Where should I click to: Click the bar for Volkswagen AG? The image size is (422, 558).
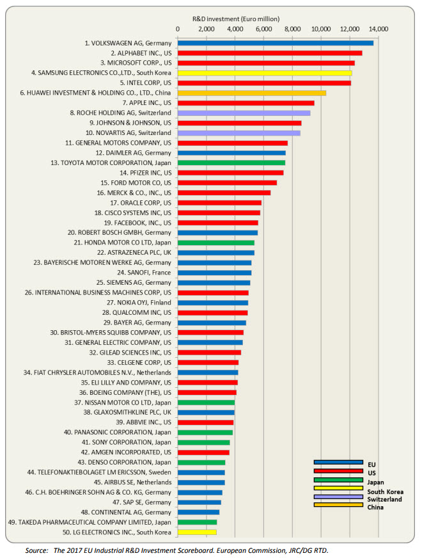[x=275, y=43]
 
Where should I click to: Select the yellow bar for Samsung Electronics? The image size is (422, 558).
[x=264, y=73]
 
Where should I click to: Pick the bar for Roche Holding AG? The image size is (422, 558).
[x=244, y=113]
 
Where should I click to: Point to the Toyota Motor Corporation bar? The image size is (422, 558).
[x=231, y=163]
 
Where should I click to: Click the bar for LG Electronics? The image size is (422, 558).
[x=197, y=532]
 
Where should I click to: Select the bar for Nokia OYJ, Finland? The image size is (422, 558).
[x=212, y=303]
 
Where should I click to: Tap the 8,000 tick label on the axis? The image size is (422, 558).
[x=292, y=29]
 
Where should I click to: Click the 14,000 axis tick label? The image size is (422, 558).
[x=379, y=29]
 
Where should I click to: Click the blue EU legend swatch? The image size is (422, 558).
[x=338, y=462]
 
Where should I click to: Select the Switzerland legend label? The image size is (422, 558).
[x=385, y=499]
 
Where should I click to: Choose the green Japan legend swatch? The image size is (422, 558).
[x=338, y=480]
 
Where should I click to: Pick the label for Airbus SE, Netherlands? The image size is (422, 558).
[x=133, y=482]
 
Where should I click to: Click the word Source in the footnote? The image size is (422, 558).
[x=38, y=549]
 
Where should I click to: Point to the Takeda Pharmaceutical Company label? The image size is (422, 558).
[x=90, y=522]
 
